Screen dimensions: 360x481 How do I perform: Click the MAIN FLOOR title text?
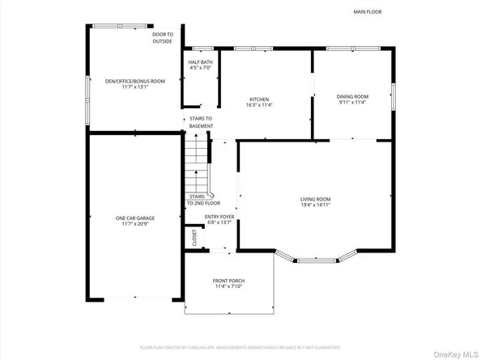[x=367, y=12]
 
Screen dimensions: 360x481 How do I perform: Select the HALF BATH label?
[x=201, y=62]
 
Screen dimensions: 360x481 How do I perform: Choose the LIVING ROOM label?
[x=315, y=199]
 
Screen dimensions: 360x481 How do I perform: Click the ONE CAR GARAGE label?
[x=134, y=218]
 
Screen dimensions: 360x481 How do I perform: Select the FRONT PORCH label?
[x=229, y=281]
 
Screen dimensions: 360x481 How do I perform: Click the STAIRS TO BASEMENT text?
[x=201, y=122]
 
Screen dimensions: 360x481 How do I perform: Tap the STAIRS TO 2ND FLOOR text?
[x=202, y=200]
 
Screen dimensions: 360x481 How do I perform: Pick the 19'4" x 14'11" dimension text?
[x=315, y=205]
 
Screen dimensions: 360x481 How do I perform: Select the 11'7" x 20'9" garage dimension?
[x=134, y=224]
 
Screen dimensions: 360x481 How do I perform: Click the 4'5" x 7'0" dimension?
[x=201, y=69]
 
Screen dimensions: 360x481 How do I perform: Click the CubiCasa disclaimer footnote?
[x=240, y=348]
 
